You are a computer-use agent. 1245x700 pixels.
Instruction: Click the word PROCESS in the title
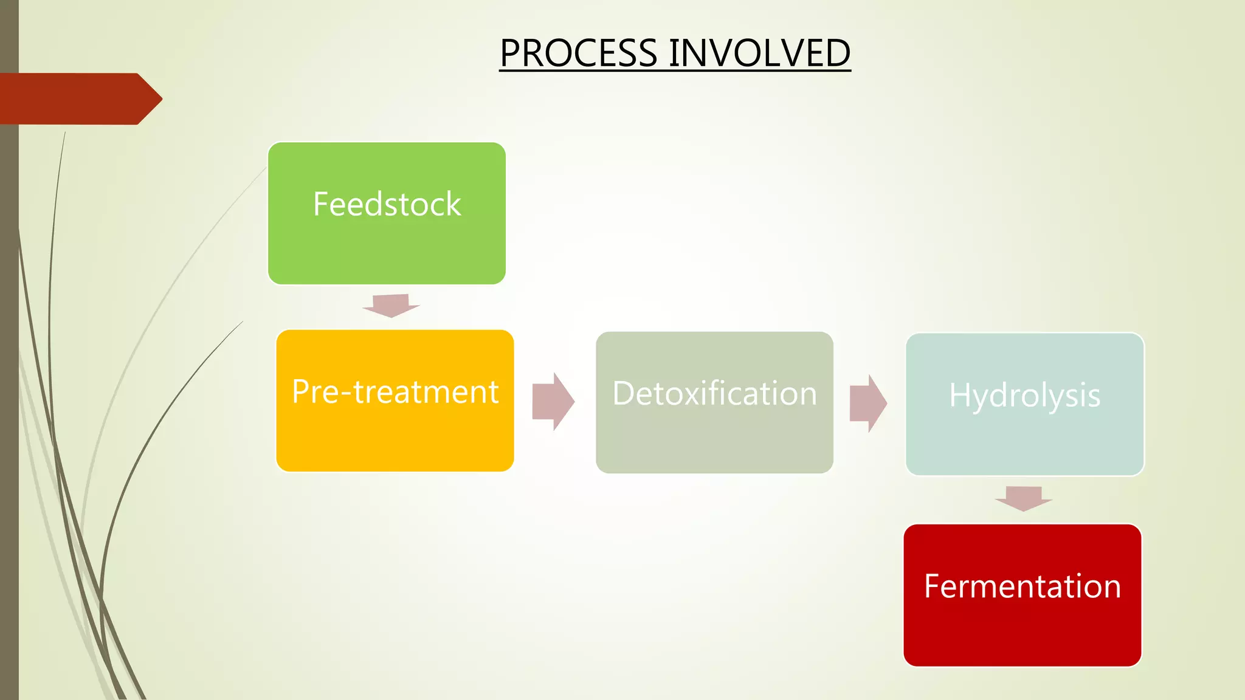[578, 53]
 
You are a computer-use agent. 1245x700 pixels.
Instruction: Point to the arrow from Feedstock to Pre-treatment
[391, 306]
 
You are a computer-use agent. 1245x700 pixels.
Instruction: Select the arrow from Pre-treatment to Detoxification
[553, 402]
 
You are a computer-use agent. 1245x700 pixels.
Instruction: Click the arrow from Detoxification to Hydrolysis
[868, 403]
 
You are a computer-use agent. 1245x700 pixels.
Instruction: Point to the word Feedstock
[387, 204]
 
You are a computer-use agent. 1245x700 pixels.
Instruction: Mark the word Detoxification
[714, 394]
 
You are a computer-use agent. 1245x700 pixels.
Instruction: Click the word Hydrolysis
[1025, 396]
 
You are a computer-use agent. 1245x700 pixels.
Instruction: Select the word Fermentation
[1023, 586]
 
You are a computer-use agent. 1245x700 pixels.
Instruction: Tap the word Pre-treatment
[395, 392]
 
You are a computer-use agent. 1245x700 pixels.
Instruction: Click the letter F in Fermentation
[931, 586]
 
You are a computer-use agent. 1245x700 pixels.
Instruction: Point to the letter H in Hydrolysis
[959, 395]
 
